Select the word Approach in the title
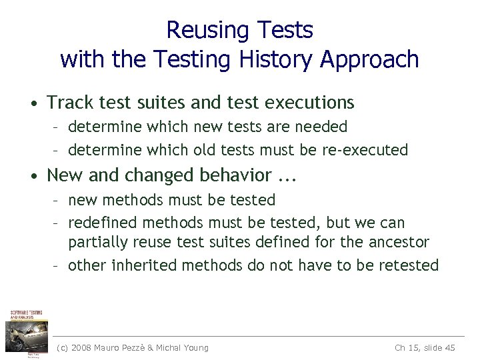tap(369, 60)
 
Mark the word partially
tap(96, 243)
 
